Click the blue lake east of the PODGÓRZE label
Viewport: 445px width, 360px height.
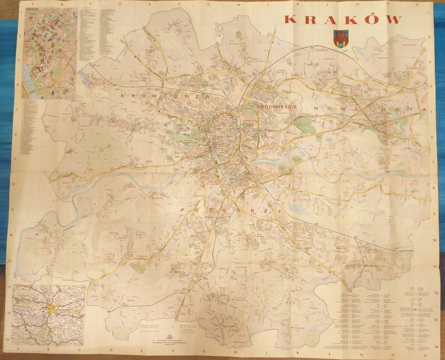[297, 209]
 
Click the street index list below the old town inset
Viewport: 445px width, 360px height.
[32, 126]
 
